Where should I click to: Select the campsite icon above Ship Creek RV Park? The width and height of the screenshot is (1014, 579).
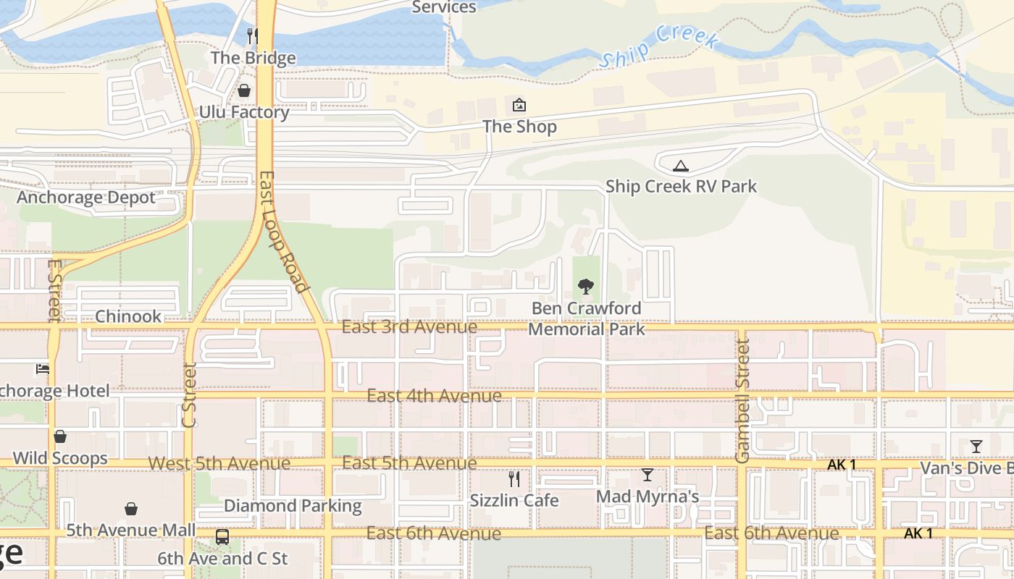coord(680,166)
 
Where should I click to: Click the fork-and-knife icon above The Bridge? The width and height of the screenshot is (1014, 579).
coord(253,36)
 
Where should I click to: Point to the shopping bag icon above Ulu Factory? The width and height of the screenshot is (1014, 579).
coord(244,90)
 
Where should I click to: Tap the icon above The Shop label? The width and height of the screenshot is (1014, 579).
coord(519,106)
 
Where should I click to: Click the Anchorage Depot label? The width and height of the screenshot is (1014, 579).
coord(86,198)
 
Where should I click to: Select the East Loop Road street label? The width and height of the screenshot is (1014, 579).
coord(281,232)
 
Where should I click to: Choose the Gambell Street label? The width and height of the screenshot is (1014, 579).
coord(742,400)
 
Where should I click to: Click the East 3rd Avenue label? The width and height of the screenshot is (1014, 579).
coord(409,327)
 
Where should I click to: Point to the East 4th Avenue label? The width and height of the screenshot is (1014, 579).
coord(434,396)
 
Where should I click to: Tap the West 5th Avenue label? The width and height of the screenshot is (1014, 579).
coord(219,463)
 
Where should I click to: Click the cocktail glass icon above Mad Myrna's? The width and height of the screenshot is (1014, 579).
coord(648,475)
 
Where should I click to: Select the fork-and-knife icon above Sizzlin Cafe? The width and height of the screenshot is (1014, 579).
coord(514,478)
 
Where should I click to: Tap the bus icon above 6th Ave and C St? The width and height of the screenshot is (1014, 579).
coord(222,537)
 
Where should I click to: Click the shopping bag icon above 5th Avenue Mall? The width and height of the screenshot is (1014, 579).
coord(131,509)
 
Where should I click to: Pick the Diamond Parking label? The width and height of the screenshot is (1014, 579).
coord(293,506)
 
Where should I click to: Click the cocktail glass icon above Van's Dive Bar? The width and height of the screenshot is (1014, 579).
coord(976,446)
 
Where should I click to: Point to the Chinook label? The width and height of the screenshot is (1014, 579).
coord(128,316)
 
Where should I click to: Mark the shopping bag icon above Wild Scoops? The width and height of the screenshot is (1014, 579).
coord(60,436)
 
